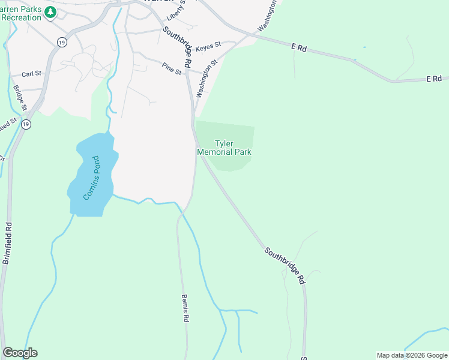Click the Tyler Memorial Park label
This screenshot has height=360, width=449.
(224, 148)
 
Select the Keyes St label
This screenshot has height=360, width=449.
(209, 44)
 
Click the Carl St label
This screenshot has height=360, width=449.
(31, 74)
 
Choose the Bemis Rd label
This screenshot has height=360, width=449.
(185, 308)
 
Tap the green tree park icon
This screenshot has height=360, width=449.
(50, 12)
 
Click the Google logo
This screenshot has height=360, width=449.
(20, 353)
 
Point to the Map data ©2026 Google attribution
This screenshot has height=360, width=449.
(412, 355)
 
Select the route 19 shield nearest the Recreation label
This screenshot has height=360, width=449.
(61, 41)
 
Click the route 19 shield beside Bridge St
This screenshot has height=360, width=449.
(25, 124)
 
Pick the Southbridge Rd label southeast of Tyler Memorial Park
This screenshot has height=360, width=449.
(285, 264)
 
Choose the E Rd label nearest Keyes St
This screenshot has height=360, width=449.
(299, 47)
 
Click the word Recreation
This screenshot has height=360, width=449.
(21, 17)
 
